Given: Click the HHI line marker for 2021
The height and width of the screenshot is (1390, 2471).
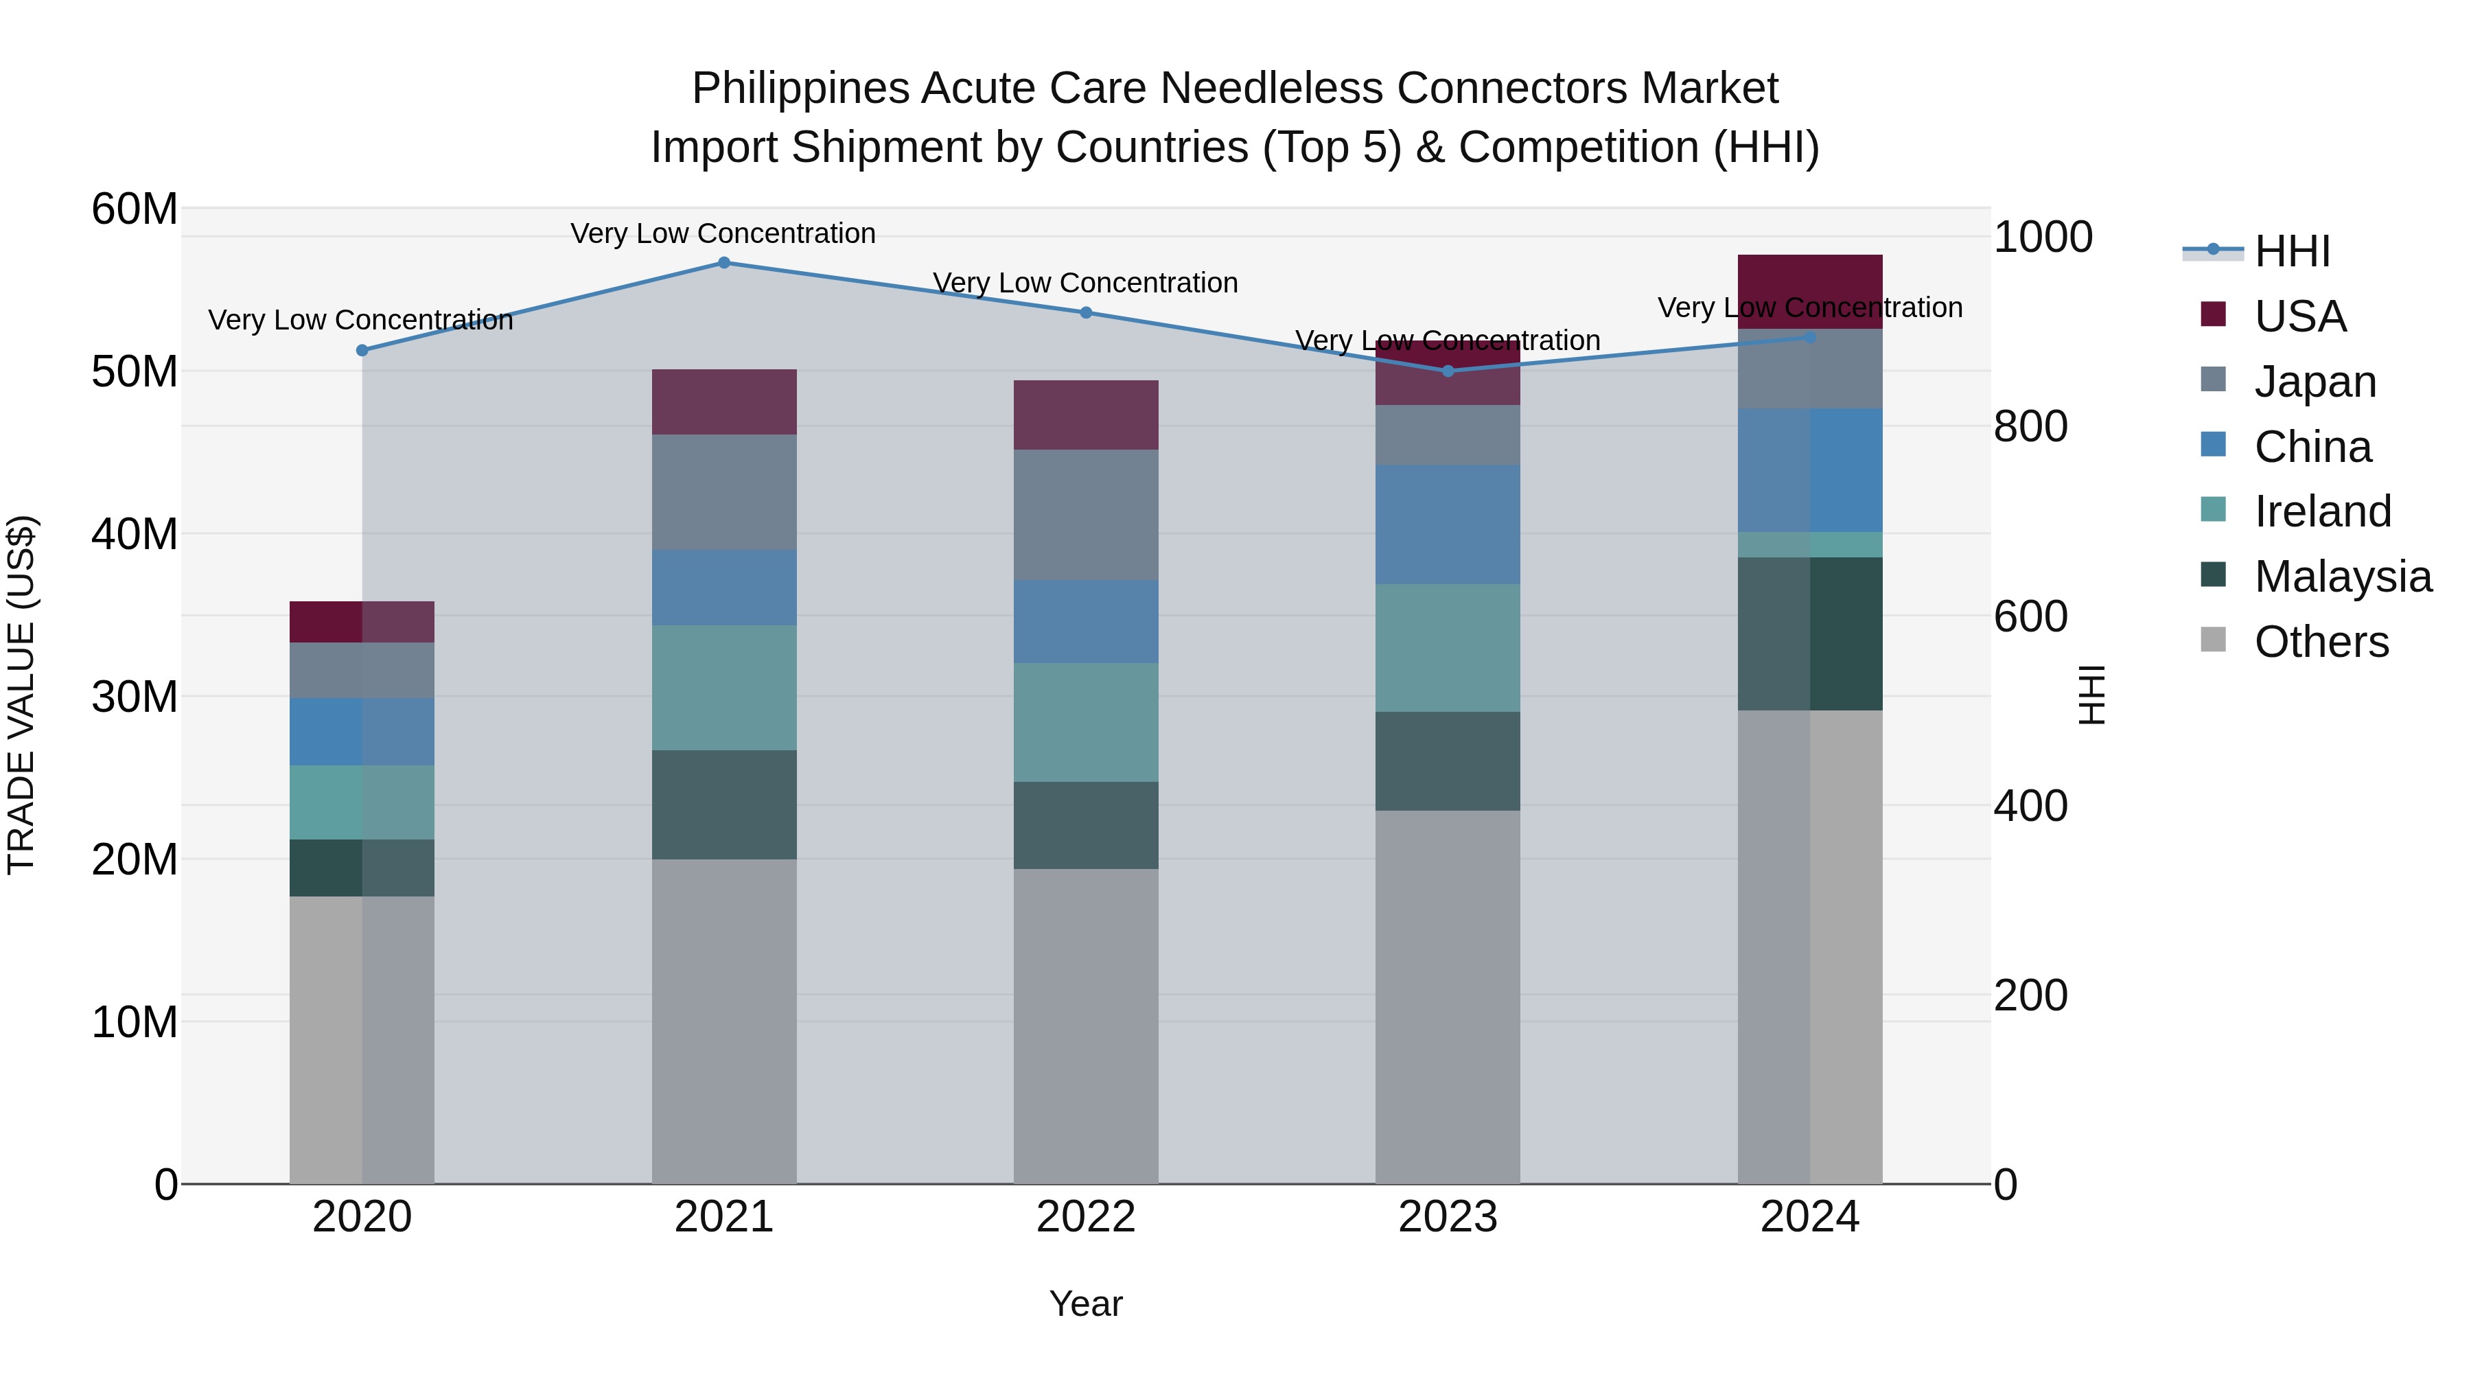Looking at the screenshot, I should click(x=724, y=263).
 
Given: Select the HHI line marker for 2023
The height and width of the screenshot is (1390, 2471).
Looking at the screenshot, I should click(x=1448, y=371).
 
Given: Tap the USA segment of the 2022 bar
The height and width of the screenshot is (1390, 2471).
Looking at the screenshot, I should click(x=1086, y=415).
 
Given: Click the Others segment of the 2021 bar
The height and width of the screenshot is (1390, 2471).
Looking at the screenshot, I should click(x=724, y=1021).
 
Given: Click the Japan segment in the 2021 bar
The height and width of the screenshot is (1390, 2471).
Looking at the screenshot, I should click(x=724, y=492).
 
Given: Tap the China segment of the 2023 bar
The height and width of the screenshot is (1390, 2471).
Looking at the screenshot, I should click(x=1448, y=524).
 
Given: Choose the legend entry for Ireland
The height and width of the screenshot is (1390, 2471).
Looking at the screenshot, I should click(x=2321, y=511).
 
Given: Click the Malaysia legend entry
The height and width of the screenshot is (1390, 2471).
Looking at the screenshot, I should click(x=2341, y=577).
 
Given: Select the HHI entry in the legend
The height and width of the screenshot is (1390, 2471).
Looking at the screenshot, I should click(x=2290, y=251).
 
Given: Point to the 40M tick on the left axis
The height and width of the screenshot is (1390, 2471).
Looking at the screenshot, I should click(x=135, y=534).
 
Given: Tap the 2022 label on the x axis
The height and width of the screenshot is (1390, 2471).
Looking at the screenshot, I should click(x=1086, y=1217).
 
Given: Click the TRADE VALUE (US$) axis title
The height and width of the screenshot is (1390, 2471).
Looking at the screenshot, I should click(x=21, y=695).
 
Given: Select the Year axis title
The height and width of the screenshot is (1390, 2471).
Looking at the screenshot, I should click(x=1086, y=1304).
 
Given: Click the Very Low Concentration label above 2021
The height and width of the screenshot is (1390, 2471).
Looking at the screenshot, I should click(x=723, y=233).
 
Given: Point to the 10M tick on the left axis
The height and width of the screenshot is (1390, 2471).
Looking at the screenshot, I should click(x=135, y=1023).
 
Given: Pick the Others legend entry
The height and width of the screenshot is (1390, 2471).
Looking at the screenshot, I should click(x=2321, y=642).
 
